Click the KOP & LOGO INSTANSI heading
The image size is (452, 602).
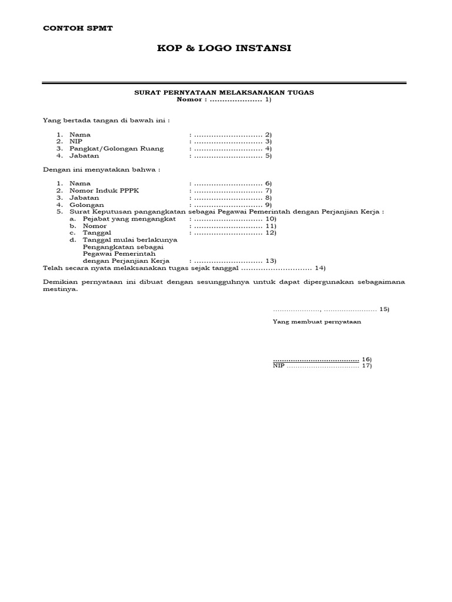pos(225,48)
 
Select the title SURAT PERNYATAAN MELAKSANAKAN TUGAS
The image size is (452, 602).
pos(225,93)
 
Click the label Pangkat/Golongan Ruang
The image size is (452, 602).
pos(117,149)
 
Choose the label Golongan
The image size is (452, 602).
pos(85,205)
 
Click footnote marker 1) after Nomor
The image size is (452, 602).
pos(268,100)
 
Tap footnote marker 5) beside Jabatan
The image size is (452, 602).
pos(268,156)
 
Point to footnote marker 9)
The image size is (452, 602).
pos(268,205)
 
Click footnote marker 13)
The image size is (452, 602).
pos(271,260)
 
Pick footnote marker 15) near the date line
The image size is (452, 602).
pos(384,309)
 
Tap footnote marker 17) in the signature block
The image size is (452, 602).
pos(367,366)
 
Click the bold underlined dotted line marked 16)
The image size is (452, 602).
pos(316,359)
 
